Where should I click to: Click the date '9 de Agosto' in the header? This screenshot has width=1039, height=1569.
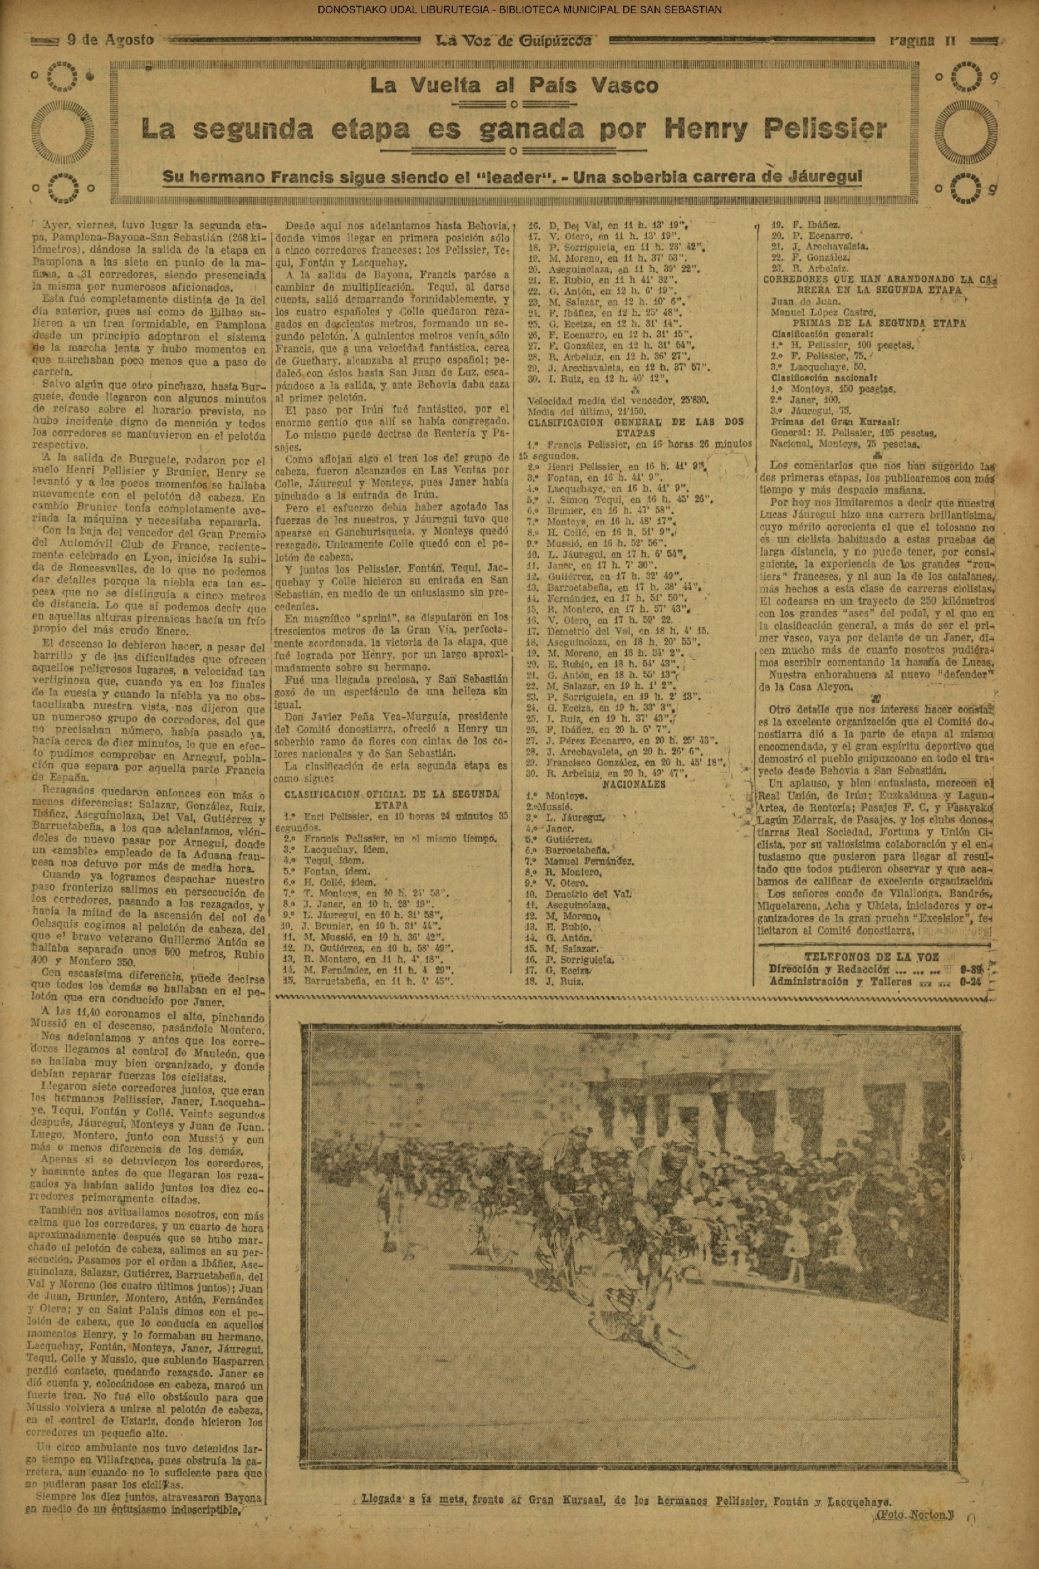(111, 40)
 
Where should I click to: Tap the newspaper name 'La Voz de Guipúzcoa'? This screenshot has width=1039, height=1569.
(512, 40)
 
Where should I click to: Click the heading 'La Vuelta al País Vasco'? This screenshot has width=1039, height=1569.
(514, 85)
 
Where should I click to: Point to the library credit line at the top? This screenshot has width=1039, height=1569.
(519, 9)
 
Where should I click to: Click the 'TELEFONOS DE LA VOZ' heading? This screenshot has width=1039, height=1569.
(870, 957)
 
